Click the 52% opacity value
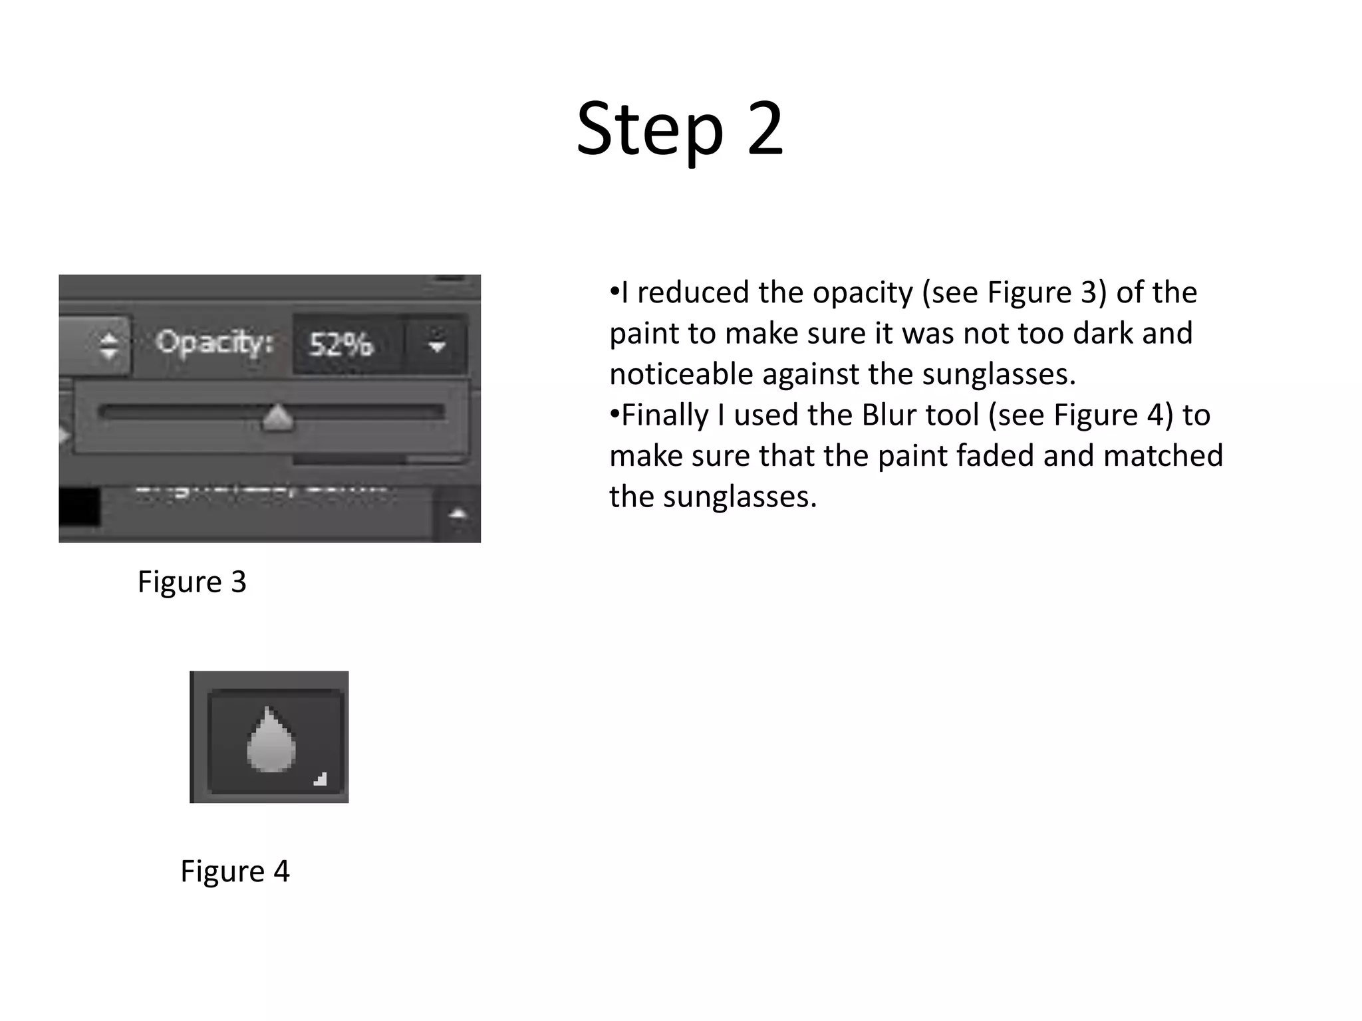click(x=341, y=344)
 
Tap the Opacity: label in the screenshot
click(x=214, y=342)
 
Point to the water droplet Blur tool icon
click(x=271, y=739)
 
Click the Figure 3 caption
click(x=192, y=582)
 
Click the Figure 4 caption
click(x=235, y=871)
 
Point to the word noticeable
click(x=680, y=374)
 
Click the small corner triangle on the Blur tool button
click(x=321, y=778)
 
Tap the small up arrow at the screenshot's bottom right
click(x=458, y=513)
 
